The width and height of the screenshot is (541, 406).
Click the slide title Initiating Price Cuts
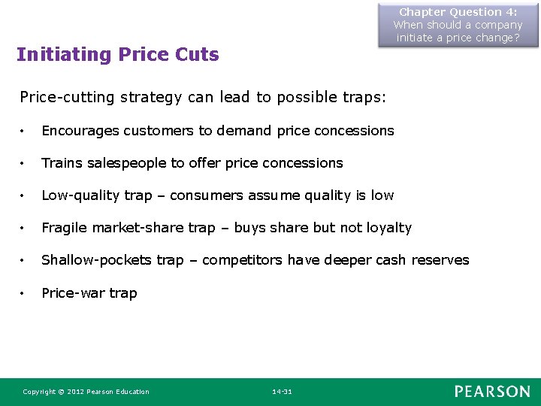(118, 55)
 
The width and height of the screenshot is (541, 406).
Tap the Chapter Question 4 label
(458, 12)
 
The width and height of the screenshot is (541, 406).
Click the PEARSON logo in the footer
(491, 391)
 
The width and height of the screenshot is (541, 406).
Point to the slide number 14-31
(283, 392)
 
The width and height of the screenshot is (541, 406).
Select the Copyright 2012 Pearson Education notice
(86, 392)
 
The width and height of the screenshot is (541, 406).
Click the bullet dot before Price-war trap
(24, 293)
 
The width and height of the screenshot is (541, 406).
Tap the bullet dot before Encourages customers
(24, 131)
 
